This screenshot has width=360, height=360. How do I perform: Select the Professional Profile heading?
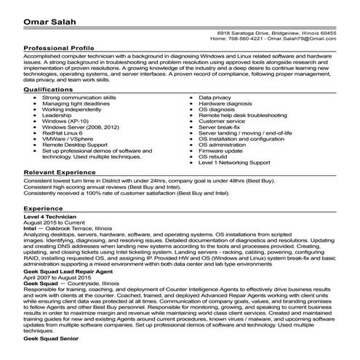coord(60,49)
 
